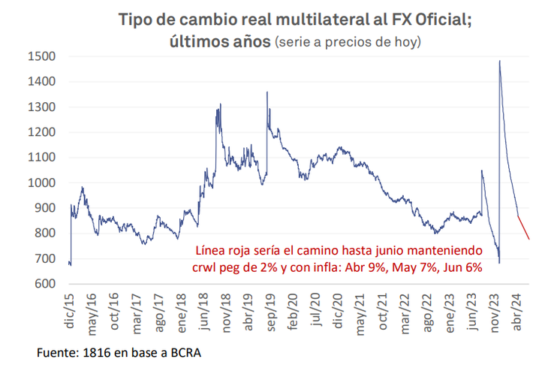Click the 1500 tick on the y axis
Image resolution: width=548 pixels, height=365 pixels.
(x=41, y=56)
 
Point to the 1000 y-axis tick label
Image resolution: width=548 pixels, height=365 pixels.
(x=41, y=182)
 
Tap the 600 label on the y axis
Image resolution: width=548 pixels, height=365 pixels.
(x=44, y=284)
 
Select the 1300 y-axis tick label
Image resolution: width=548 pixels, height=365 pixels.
(x=41, y=107)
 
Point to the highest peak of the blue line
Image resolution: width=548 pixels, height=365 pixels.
(x=499, y=62)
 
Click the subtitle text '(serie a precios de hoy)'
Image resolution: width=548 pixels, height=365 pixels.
(x=348, y=42)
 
